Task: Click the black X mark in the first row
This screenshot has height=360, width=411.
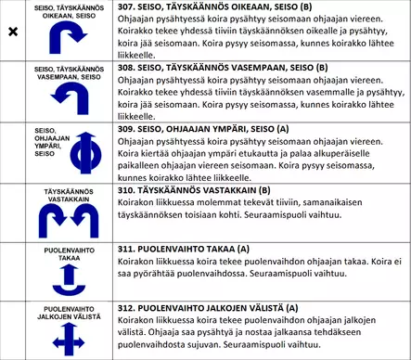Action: [12, 32]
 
